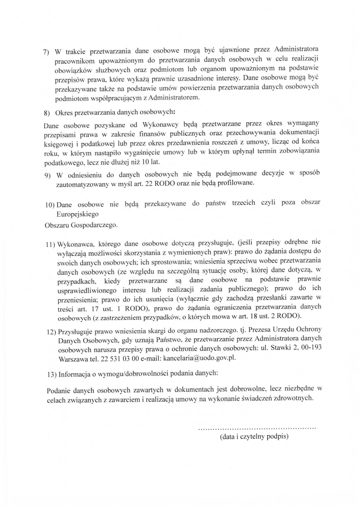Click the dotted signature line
[x=257, y=428]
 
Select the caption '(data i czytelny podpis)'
[x=254, y=436]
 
